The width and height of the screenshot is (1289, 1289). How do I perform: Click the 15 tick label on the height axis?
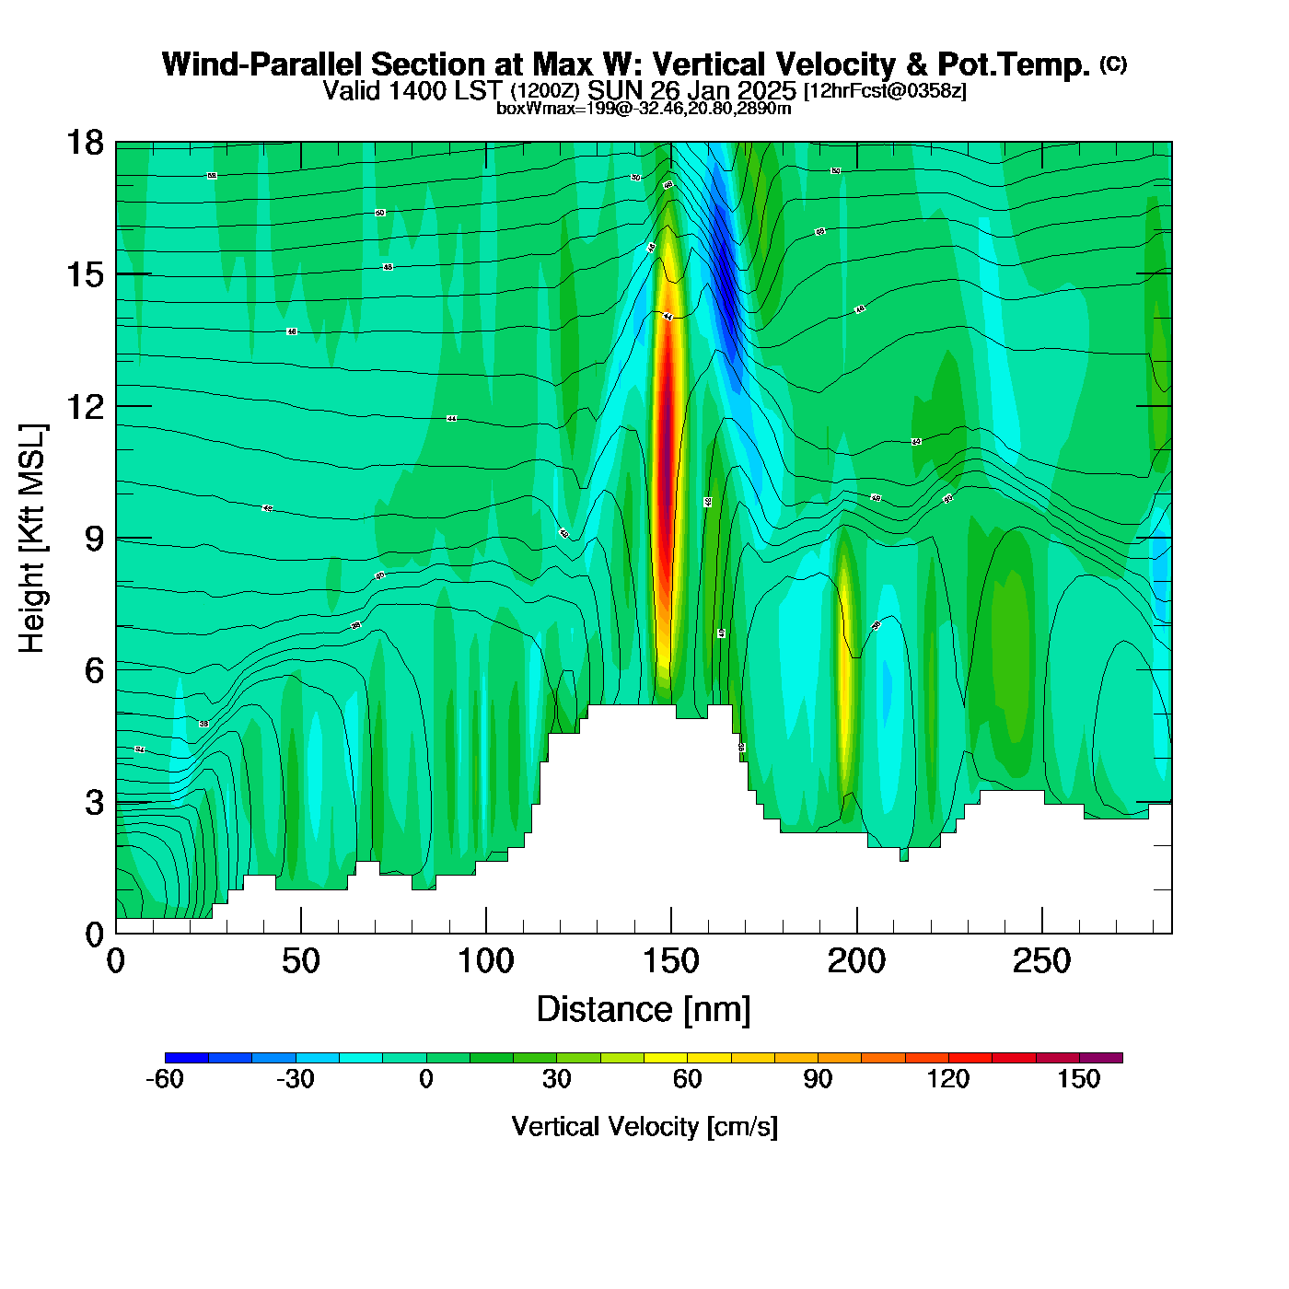coord(84,274)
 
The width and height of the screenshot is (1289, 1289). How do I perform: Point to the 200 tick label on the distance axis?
coord(856,962)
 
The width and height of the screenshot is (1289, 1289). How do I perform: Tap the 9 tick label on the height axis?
coord(94,539)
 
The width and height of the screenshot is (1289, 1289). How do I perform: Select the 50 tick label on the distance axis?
coord(300,962)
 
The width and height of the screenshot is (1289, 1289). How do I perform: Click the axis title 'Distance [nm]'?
coord(644,1010)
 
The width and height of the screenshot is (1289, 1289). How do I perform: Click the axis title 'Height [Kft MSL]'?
coord(33,539)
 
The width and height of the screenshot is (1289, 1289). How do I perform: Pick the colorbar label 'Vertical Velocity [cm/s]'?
coord(644,1126)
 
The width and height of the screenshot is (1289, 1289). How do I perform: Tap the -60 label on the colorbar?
coord(165,1079)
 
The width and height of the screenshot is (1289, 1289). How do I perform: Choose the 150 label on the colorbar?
coord(1078,1079)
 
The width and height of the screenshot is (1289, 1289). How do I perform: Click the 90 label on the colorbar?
coord(818,1079)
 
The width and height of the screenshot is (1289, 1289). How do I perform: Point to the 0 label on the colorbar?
coord(426,1079)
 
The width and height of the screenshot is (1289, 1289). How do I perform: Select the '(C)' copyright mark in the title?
coord(1113,64)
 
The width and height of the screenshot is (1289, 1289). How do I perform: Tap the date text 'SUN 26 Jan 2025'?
coord(691,90)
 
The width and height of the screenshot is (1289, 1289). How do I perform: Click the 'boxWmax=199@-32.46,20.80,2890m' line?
coord(644,109)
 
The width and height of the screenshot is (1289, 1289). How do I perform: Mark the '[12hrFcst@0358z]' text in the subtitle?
coord(885,91)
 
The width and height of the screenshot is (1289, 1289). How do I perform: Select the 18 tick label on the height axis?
coord(84,143)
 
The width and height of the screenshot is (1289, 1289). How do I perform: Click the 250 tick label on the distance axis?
coord(1041,962)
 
